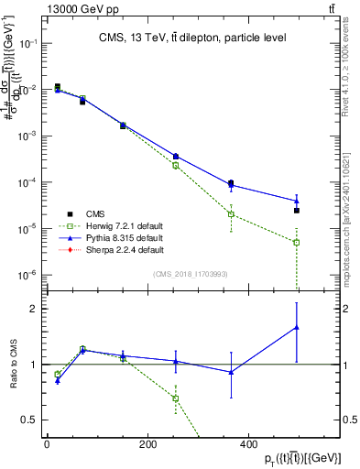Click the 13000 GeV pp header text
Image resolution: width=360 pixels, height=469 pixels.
pos(76,8)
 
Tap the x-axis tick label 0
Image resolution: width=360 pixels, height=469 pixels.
pos(47,444)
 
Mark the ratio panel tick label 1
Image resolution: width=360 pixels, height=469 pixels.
pos(36,365)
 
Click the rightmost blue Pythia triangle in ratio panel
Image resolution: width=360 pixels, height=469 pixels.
pos(296,327)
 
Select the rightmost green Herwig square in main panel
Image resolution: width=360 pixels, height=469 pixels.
pos(296,243)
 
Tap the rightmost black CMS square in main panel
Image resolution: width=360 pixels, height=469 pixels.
pos(296,211)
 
